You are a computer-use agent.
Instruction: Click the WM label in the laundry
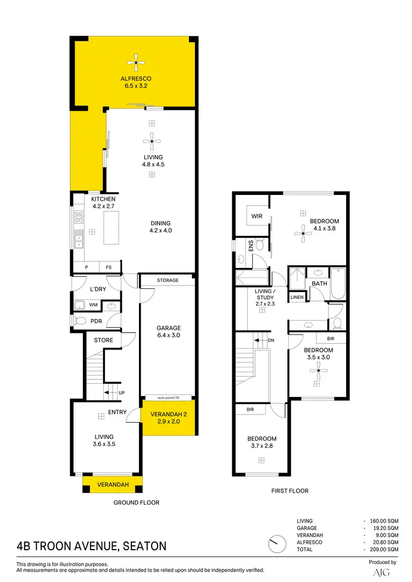pos(93,304)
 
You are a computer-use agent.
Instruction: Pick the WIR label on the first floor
pos(257,216)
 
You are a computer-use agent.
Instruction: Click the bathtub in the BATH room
pos(337,283)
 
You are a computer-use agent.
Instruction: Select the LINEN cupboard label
pos(297,297)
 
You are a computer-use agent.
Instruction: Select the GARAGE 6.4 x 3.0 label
pos(168,332)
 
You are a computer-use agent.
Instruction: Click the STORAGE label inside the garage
pos(168,281)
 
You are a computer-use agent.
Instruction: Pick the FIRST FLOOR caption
pos(290,491)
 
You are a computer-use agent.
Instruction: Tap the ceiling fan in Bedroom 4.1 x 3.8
pos(303,234)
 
